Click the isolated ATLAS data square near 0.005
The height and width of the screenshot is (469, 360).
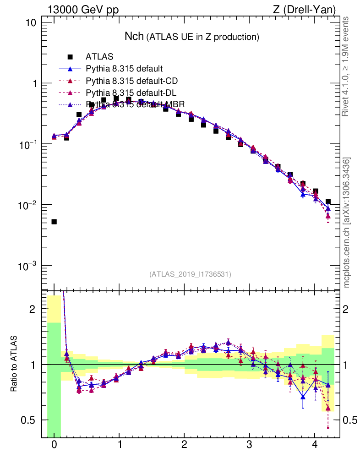coord(54,222)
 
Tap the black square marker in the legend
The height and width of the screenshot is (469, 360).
coord(70,57)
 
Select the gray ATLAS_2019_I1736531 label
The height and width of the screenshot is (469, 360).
coord(190,274)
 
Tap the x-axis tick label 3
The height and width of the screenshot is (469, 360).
coord(250,445)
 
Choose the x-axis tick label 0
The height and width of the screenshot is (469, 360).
coord(54,445)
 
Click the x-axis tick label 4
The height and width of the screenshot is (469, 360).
coord(315,445)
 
